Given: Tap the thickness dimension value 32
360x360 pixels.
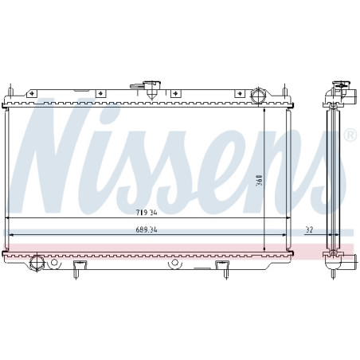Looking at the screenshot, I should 308,229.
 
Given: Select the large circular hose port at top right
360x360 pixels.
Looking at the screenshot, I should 257,96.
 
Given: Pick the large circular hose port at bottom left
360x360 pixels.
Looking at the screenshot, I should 36,263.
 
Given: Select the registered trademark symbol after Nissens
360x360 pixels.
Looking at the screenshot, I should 349,136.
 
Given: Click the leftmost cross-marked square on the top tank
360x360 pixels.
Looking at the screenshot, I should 31,93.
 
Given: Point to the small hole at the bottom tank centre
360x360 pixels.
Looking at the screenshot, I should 174,260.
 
